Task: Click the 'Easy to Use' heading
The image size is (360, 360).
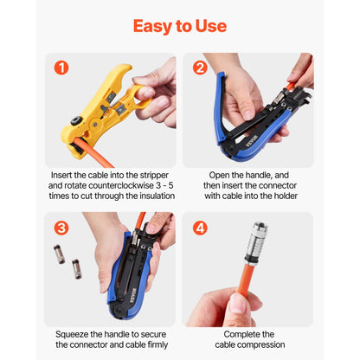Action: pos(180,26)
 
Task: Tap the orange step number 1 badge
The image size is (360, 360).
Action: pos(61,67)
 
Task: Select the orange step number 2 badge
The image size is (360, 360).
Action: pos(200,67)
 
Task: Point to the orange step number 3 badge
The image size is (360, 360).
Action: pos(61,228)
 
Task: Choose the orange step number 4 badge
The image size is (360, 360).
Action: pos(200,228)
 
